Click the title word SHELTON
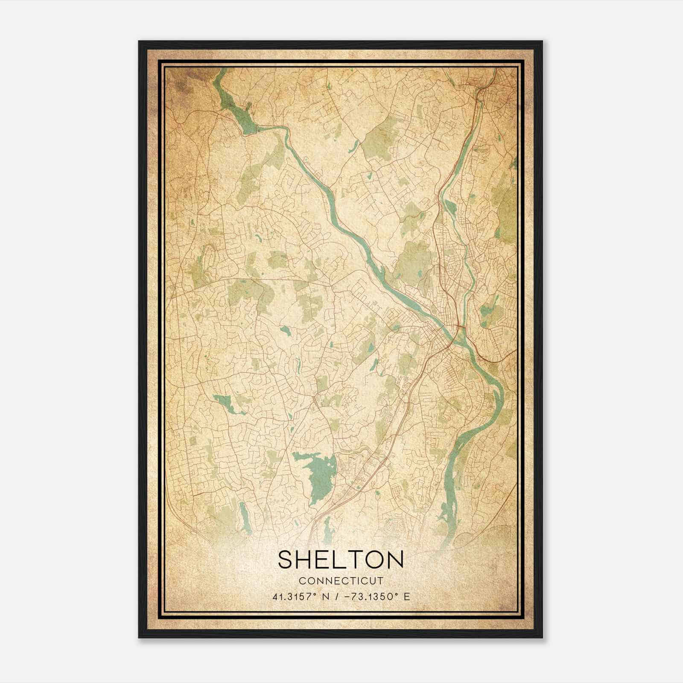click(341, 560)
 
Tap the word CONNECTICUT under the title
click(341, 581)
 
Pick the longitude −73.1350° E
click(376, 596)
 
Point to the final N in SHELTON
click(395, 560)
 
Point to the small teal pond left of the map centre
click(285, 330)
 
